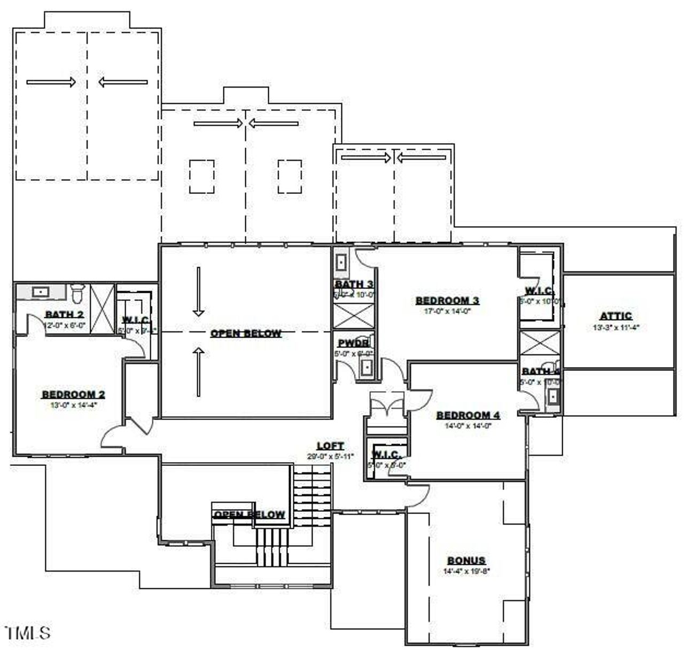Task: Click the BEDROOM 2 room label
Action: click(x=73, y=395)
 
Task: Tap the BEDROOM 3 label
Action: click(x=447, y=300)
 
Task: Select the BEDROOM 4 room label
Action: click(x=468, y=415)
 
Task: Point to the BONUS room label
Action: click(x=466, y=560)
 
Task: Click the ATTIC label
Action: click(x=616, y=316)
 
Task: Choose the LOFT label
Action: click(x=330, y=446)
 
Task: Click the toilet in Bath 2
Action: click(x=77, y=293)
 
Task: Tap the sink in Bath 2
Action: click(x=41, y=292)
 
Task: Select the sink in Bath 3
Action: click(x=341, y=262)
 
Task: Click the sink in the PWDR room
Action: click(x=367, y=368)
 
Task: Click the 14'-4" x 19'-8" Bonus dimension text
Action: click(x=466, y=571)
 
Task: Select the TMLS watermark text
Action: click(x=28, y=633)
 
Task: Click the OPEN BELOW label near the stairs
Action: click(x=249, y=515)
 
